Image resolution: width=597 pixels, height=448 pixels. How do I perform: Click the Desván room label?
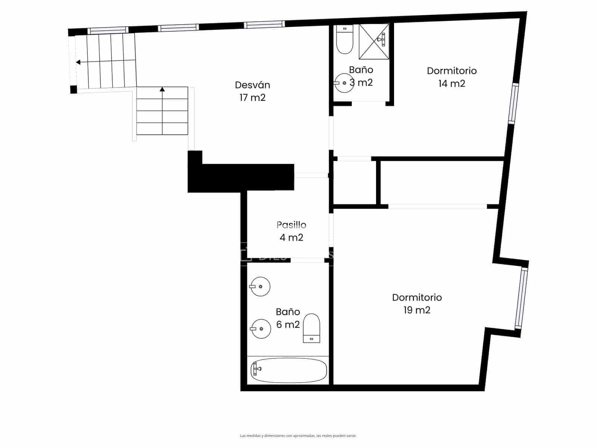click(x=252, y=85)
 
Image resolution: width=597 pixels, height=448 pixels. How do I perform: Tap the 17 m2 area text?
click(x=252, y=98)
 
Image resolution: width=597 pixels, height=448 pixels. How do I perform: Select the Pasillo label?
click(x=291, y=225)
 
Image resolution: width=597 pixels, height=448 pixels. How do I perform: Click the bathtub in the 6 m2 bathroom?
click(x=288, y=370)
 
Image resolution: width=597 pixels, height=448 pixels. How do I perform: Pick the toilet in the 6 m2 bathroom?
click(x=311, y=328)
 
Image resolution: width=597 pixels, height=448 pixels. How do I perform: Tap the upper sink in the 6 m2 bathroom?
click(x=260, y=287)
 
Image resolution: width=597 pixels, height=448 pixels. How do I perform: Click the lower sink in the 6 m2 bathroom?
click(x=260, y=329)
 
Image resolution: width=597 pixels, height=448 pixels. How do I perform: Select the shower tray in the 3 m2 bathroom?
click(x=374, y=41)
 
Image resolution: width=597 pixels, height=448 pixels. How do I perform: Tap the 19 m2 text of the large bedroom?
click(x=417, y=310)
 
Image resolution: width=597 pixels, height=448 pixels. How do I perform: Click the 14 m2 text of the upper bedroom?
click(x=451, y=84)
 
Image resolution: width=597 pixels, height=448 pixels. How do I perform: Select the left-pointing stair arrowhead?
click(x=78, y=62)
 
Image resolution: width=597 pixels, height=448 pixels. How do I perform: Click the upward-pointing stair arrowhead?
click(x=162, y=89)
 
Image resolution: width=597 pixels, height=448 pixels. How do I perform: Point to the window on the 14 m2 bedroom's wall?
click(x=514, y=103)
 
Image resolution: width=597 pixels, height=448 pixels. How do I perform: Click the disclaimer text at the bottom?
click(x=298, y=436)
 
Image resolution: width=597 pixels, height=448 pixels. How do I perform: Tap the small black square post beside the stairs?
click(x=74, y=90)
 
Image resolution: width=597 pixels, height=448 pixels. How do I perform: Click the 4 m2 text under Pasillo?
click(x=291, y=237)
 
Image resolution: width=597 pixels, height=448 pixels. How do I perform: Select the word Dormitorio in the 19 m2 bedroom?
click(x=417, y=298)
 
